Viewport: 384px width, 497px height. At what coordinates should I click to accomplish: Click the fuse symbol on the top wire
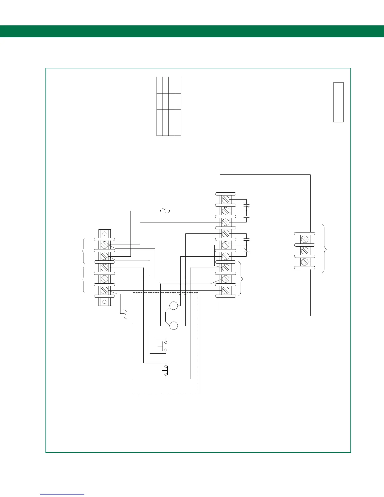[165, 211]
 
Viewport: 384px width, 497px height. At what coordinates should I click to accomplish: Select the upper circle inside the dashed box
[173, 305]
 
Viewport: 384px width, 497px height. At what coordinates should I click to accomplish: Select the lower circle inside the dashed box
[173, 326]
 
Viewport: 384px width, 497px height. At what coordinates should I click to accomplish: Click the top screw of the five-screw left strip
[104, 245]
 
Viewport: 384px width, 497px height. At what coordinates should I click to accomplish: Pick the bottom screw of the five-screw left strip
[104, 290]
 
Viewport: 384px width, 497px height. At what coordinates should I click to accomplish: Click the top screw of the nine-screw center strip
[225, 200]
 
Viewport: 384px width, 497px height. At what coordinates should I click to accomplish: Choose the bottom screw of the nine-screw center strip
[225, 290]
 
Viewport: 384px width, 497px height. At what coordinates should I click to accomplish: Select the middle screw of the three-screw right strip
[304, 250]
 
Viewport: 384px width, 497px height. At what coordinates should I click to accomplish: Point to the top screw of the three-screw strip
[304, 239]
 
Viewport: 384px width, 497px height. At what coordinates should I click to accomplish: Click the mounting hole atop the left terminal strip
[104, 234]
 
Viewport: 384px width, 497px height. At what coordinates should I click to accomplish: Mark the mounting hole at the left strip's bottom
[104, 302]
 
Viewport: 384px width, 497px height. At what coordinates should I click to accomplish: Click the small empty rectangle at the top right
[338, 102]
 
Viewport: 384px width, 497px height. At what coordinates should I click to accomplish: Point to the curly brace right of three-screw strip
[325, 249]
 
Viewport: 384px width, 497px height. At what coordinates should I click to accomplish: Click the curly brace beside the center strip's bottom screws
[241, 279]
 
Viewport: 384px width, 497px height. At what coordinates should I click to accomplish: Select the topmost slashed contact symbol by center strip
[246, 206]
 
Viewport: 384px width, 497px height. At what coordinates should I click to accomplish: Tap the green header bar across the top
[192, 31]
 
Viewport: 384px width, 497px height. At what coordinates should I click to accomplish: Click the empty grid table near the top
[169, 106]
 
